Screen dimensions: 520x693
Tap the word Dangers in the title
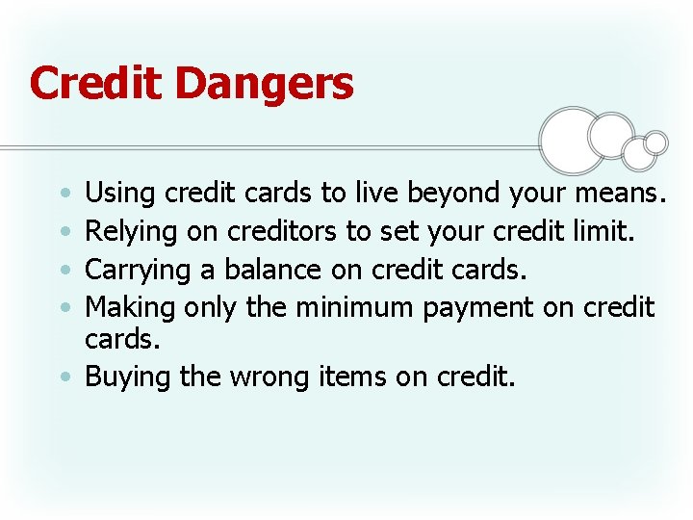tap(265, 85)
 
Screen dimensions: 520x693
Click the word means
tap(619, 195)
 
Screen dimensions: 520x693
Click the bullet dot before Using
tap(63, 195)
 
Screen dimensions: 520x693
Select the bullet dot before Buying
tap(63, 377)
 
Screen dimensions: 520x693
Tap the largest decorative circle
tap(573, 140)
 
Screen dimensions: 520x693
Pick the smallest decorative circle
tap(655, 143)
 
